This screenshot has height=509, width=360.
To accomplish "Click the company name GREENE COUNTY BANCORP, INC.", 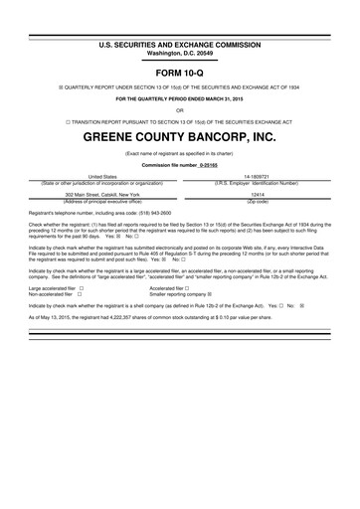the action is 180,135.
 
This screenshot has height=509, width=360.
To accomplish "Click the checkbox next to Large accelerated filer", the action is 80,288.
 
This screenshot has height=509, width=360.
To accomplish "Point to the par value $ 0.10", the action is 252,316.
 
